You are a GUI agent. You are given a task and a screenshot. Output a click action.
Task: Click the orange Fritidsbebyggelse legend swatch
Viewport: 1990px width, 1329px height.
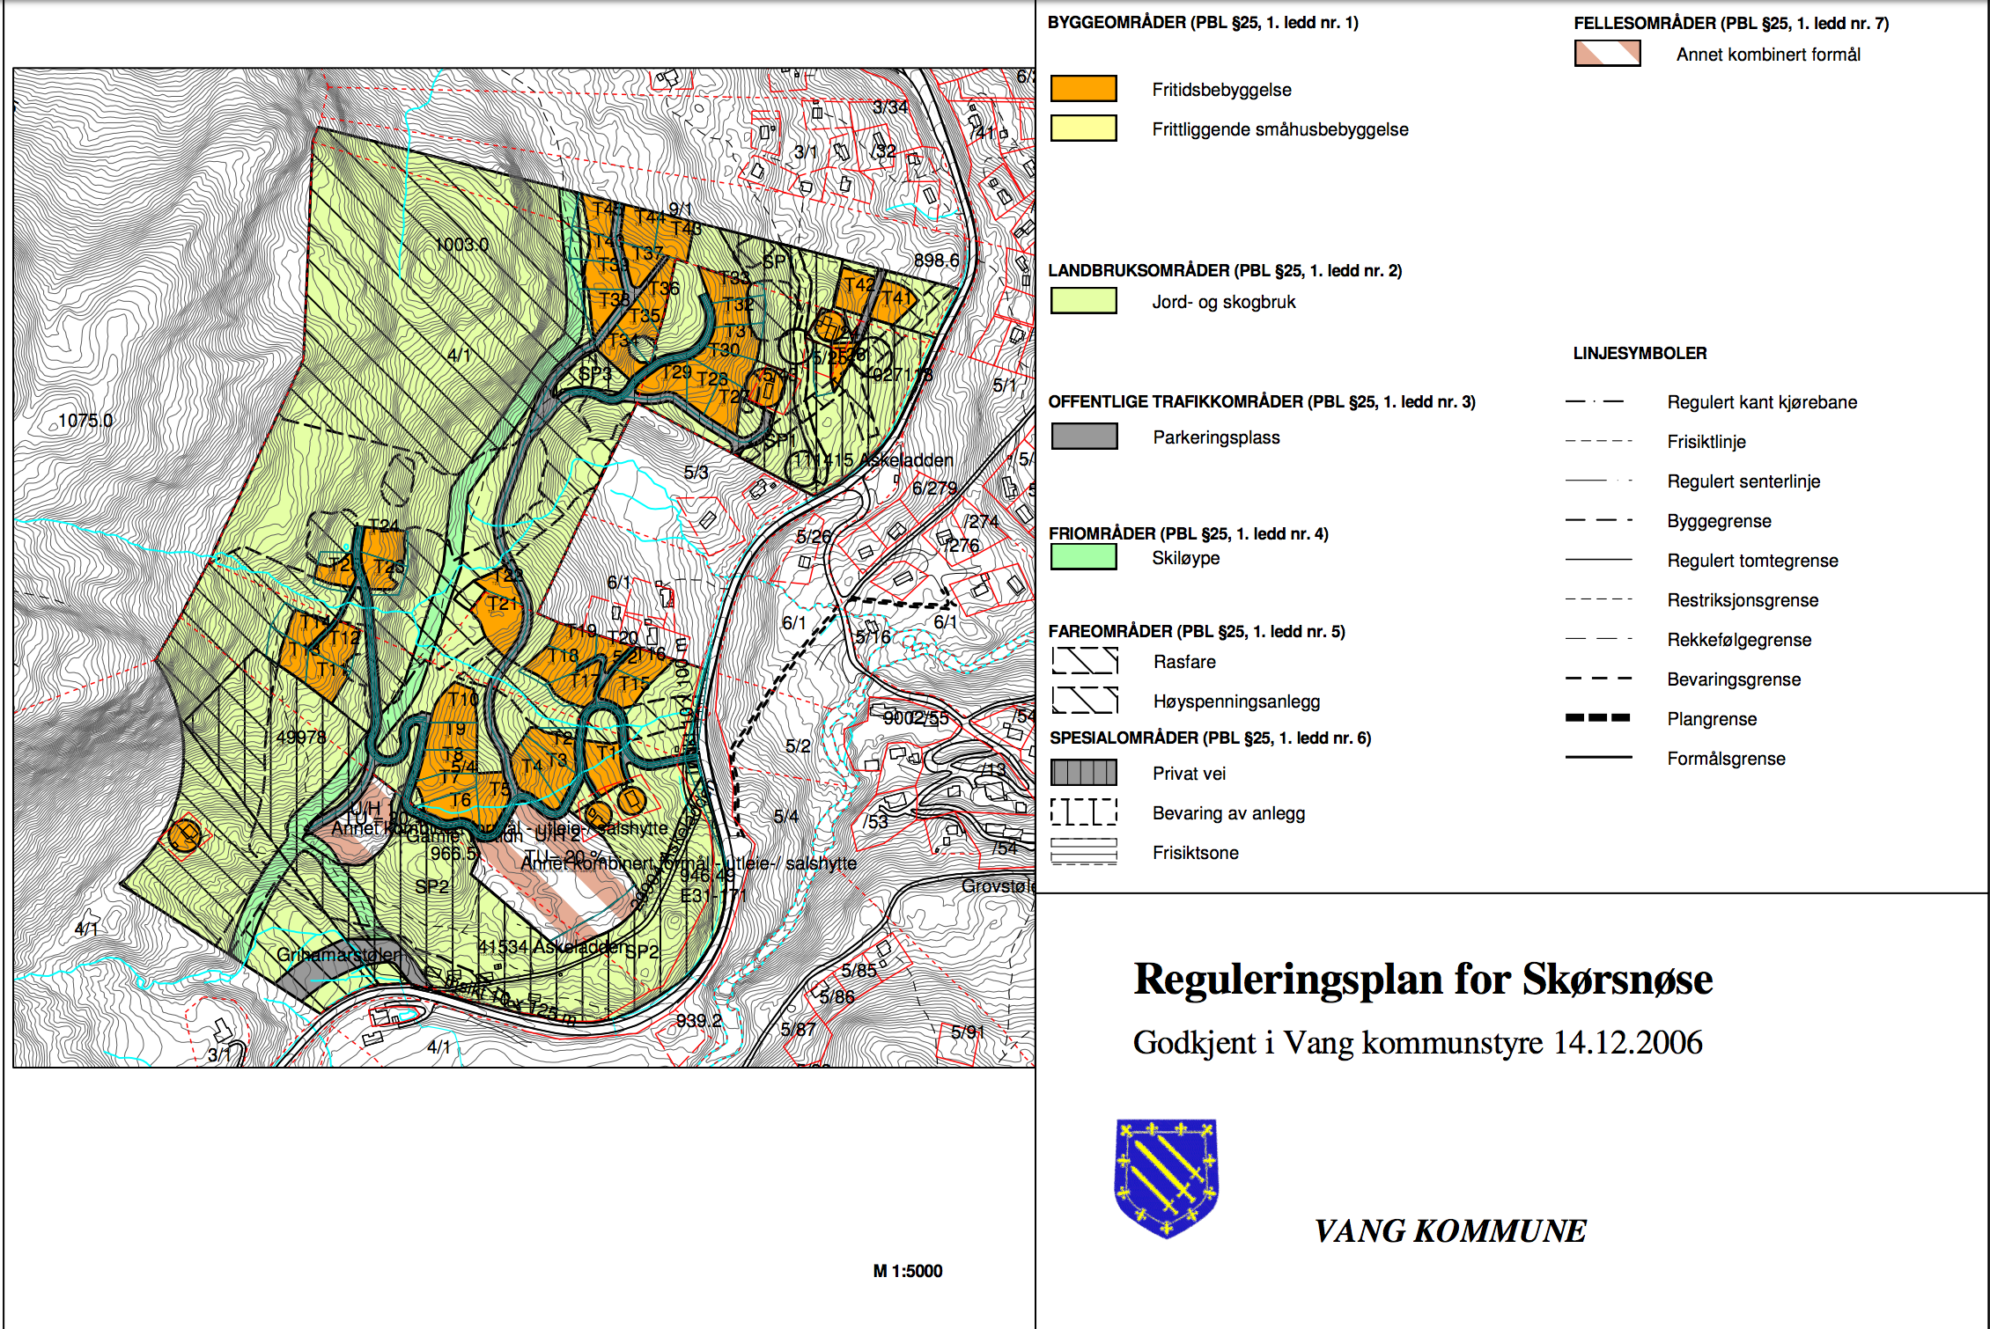tap(1083, 89)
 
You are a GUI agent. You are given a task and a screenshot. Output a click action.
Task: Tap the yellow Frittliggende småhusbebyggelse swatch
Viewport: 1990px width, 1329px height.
tap(1083, 128)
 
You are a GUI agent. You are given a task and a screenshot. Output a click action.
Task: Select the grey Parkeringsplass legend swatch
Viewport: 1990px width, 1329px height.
tap(1084, 437)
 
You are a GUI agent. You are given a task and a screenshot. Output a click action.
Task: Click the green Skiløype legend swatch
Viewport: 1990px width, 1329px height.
tap(1083, 557)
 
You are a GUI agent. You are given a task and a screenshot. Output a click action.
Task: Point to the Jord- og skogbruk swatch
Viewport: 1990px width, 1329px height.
tap(1083, 301)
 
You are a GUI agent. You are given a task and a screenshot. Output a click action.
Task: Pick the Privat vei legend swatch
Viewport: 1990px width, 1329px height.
tap(1084, 773)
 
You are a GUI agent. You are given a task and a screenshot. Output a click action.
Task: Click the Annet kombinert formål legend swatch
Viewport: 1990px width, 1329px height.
tap(1607, 54)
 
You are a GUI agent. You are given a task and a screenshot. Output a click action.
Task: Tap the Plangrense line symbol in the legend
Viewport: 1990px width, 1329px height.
tap(1598, 718)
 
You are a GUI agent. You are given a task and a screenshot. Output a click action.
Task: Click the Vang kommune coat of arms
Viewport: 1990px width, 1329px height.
tap(1167, 1178)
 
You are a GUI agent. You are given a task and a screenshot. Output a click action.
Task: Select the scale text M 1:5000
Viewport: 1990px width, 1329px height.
tap(907, 1271)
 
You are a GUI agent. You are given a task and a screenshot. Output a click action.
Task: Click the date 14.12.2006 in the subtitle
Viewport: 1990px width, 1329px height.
tap(1627, 1042)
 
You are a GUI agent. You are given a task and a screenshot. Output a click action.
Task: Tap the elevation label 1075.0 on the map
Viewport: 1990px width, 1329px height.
tap(85, 421)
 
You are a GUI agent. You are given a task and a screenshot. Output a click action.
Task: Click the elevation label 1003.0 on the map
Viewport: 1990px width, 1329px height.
tap(461, 245)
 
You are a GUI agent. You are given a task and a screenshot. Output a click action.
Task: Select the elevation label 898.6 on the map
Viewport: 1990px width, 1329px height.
tap(936, 261)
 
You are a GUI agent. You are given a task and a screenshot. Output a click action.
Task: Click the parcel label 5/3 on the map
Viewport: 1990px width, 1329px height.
tap(696, 473)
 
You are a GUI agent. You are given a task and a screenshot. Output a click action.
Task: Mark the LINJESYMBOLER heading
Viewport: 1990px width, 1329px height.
tap(1640, 353)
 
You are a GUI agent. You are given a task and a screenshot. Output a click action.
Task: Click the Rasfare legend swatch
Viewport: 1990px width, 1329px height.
tap(1085, 661)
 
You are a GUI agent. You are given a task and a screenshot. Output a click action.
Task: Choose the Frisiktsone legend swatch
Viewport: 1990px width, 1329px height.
tap(1084, 852)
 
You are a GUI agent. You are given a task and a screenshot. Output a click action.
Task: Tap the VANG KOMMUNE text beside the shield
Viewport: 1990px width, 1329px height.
tap(1449, 1230)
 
